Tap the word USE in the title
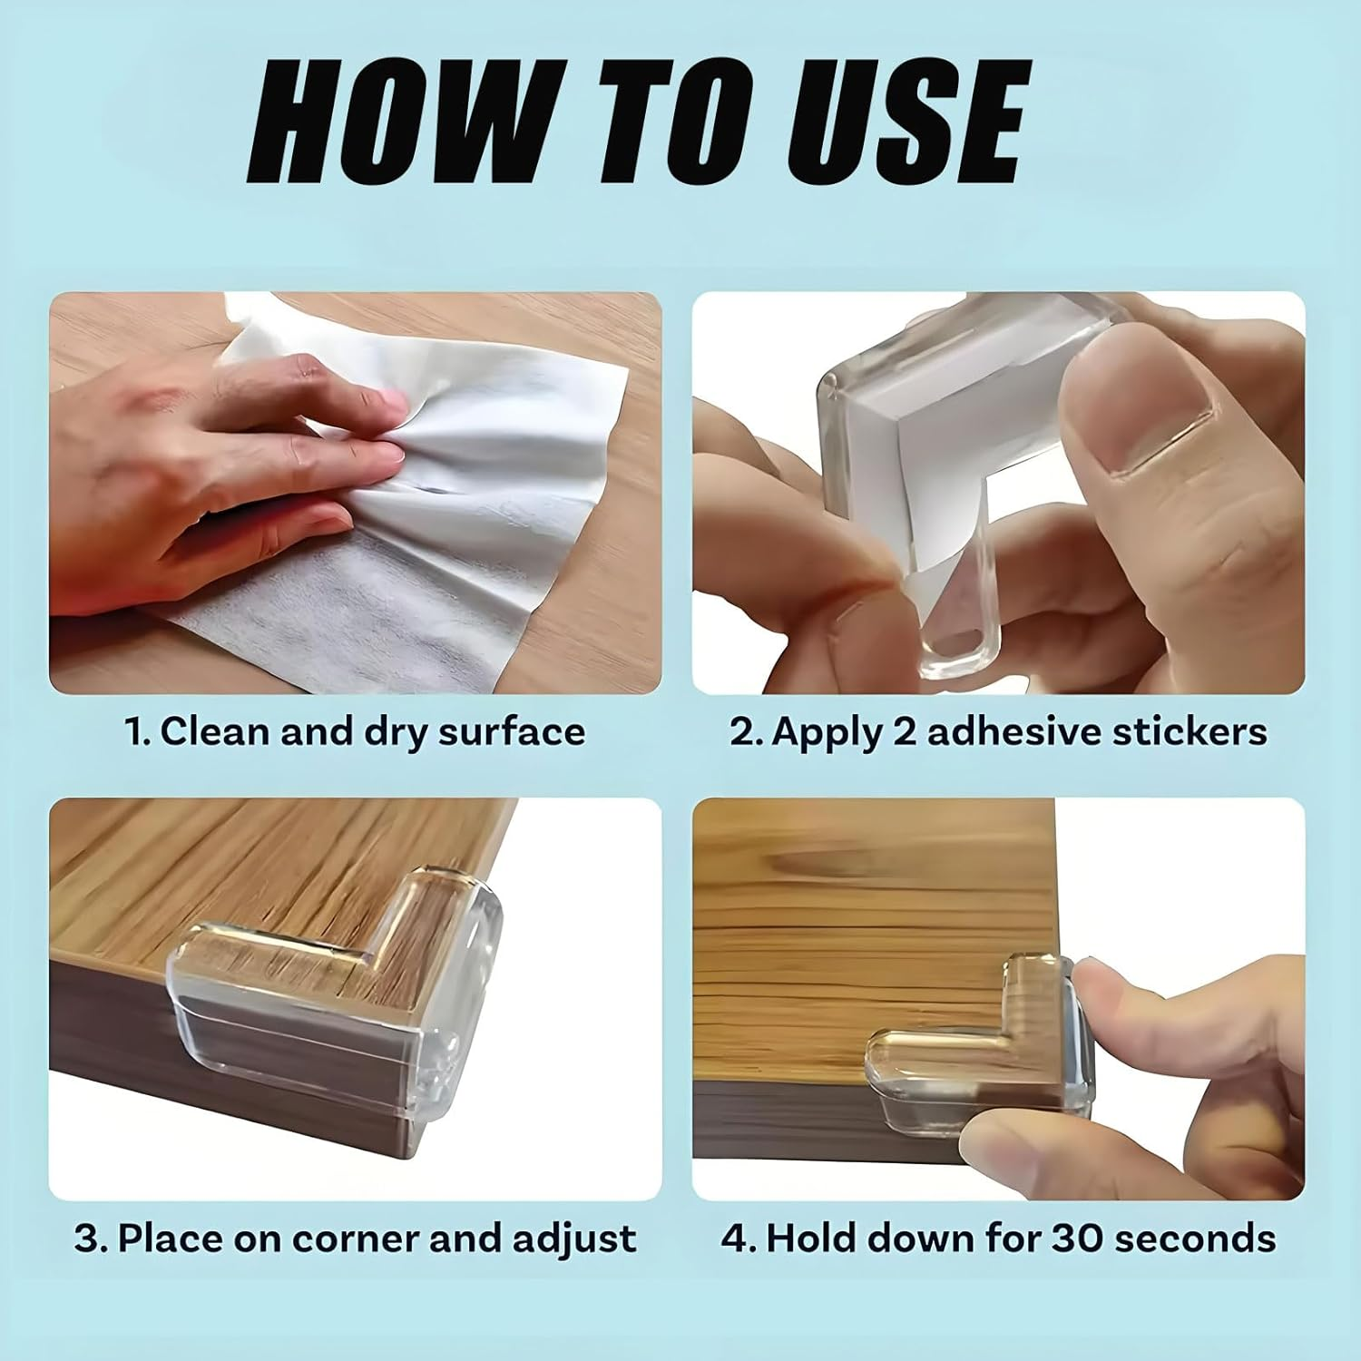point(904,123)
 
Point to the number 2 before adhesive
point(905,731)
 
